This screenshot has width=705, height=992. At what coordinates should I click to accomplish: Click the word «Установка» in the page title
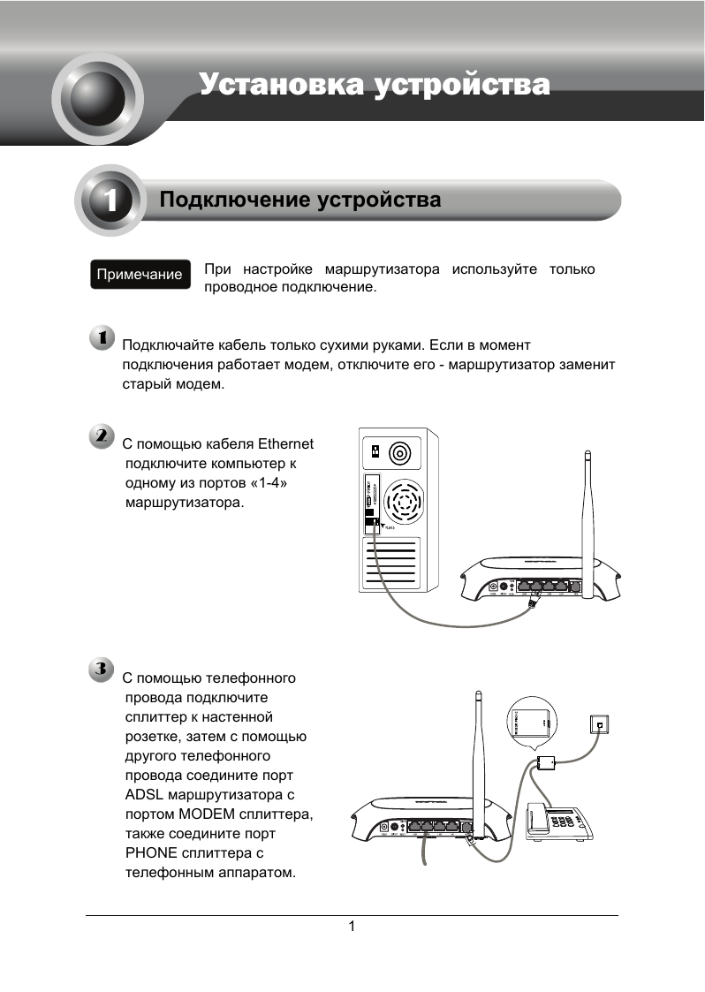[x=280, y=85]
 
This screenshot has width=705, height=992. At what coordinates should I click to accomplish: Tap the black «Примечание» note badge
[x=140, y=274]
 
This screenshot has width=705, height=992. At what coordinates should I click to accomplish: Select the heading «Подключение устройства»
[x=299, y=201]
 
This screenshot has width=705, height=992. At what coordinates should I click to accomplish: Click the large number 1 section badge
[x=110, y=201]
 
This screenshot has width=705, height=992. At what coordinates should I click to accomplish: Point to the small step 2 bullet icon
[x=102, y=436]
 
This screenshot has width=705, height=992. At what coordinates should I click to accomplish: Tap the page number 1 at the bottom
[x=352, y=927]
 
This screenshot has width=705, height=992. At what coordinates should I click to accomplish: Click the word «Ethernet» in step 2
[x=284, y=443]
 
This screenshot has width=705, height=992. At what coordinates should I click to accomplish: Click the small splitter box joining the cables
[x=544, y=762]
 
